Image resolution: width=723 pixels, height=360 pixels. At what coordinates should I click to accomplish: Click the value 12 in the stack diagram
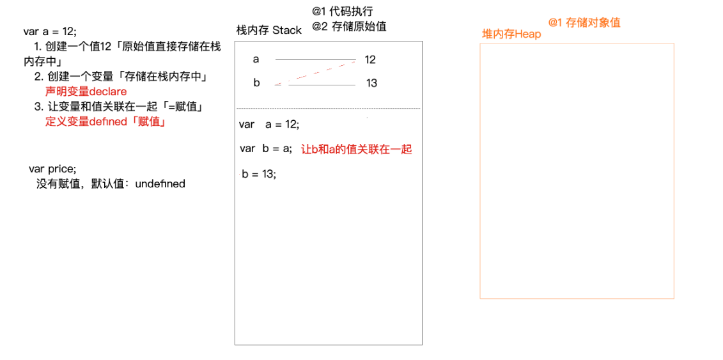370,59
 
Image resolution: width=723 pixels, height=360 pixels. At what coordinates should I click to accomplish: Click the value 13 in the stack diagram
371,83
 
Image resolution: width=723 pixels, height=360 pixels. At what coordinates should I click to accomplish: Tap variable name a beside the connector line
256,59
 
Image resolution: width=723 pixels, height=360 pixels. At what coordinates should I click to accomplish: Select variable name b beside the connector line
256,83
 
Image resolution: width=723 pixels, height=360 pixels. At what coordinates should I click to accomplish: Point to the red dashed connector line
313,72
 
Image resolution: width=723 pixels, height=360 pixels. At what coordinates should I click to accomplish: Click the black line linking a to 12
315,59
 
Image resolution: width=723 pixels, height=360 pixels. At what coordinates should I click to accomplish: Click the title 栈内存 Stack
268,30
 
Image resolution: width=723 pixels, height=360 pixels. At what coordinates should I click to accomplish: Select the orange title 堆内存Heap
511,34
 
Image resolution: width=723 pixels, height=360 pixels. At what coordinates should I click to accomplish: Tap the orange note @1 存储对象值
584,22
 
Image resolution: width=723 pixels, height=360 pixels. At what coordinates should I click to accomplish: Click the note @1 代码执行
342,12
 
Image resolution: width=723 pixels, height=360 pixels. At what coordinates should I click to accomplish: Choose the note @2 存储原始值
349,27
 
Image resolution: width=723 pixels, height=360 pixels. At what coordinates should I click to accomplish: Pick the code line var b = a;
266,149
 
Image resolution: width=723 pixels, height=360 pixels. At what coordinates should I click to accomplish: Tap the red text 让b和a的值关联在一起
356,149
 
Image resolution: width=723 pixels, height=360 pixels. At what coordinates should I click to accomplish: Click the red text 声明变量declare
86,91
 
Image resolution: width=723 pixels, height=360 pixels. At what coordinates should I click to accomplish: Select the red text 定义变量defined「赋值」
105,121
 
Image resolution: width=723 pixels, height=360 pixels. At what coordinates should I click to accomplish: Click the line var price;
52,169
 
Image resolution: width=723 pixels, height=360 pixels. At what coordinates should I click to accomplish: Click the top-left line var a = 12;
50,31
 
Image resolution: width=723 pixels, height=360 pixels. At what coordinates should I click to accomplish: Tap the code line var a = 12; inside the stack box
268,125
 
